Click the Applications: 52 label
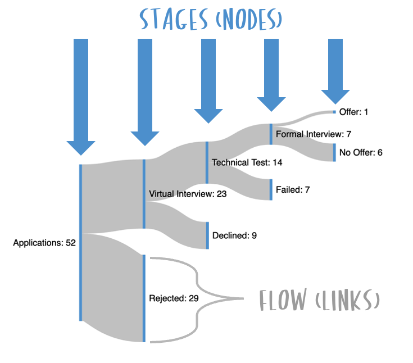(x=44, y=243)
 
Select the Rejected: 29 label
(x=174, y=298)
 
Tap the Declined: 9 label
(x=234, y=235)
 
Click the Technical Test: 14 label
(x=247, y=162)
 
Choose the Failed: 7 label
(x=293, y=190)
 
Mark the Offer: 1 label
(x=353, y=112)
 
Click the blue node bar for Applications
(x=81, y=242)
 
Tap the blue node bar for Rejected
(x=144, y=298)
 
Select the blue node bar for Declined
(x=208, y=235)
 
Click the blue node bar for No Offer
(x=334, y=152)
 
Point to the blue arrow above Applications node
(x=81, y=96)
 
